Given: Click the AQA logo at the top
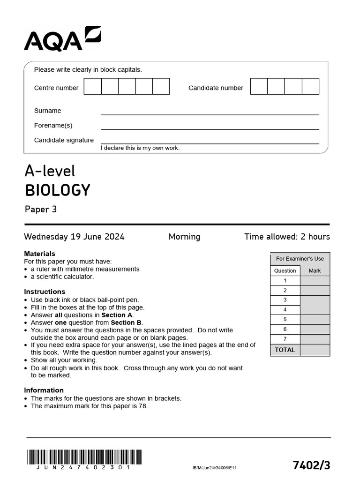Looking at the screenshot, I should pos(62,39).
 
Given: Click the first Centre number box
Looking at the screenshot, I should pos(93,87).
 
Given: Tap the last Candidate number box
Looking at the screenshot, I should pos(310,87).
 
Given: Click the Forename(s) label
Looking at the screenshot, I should pos(53,126).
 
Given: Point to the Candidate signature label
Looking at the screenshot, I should pos(64,140).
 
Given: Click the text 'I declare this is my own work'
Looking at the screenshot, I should pos(140,148).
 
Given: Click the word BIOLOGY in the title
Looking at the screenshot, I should pos(57,190).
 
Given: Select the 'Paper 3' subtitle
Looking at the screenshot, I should pos(41,209).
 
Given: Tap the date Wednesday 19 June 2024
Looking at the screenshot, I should pos(74,237).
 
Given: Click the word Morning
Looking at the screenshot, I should pos(184,237).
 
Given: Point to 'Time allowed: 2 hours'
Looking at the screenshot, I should pos(287,237).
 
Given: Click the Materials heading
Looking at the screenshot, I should pos(40,254).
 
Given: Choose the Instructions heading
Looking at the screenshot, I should pos(45,292).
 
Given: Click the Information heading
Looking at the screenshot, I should pos(44,390).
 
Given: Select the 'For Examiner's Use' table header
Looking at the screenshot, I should pos(300,259).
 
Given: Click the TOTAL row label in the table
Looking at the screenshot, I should pos(285,350).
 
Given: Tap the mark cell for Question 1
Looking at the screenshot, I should pos(315,281).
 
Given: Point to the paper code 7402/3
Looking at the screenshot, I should pos(311,465).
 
